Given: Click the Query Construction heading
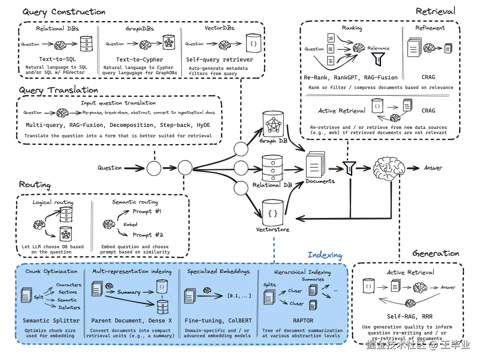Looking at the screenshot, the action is [x=64, y=12].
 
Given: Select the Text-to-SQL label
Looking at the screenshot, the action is [x=58, y=59].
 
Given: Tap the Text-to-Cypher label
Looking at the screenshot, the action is [x=139, y=59].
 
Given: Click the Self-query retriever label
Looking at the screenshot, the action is [x=219, y=59].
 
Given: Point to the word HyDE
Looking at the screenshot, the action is [x=203, y=125].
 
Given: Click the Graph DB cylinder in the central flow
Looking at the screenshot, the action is [x=273, y=124].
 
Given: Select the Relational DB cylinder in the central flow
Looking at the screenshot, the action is [x=272, y=168].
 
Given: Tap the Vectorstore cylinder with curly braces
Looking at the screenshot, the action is [x=273, y=213].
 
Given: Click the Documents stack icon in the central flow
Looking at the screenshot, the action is [x=315, y=164].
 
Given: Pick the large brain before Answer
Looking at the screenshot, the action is [x=389, y=168].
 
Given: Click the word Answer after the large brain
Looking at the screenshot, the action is [x=433, y=168].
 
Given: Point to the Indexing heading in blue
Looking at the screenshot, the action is [x=325, y=255].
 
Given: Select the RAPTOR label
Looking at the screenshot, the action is [x=303, y=320].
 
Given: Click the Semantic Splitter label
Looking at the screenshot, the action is [x=51, y=320].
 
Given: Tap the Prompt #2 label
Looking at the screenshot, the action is [x=148, y=235].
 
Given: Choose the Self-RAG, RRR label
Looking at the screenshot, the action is [x=410, y=316].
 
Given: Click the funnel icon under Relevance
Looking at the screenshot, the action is [x=378, y=59].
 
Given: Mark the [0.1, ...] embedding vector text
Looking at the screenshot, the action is [x=239, y=296].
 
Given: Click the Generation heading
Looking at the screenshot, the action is [x=436, y=253].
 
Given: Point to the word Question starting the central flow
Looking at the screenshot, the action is [x=109, y=168].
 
